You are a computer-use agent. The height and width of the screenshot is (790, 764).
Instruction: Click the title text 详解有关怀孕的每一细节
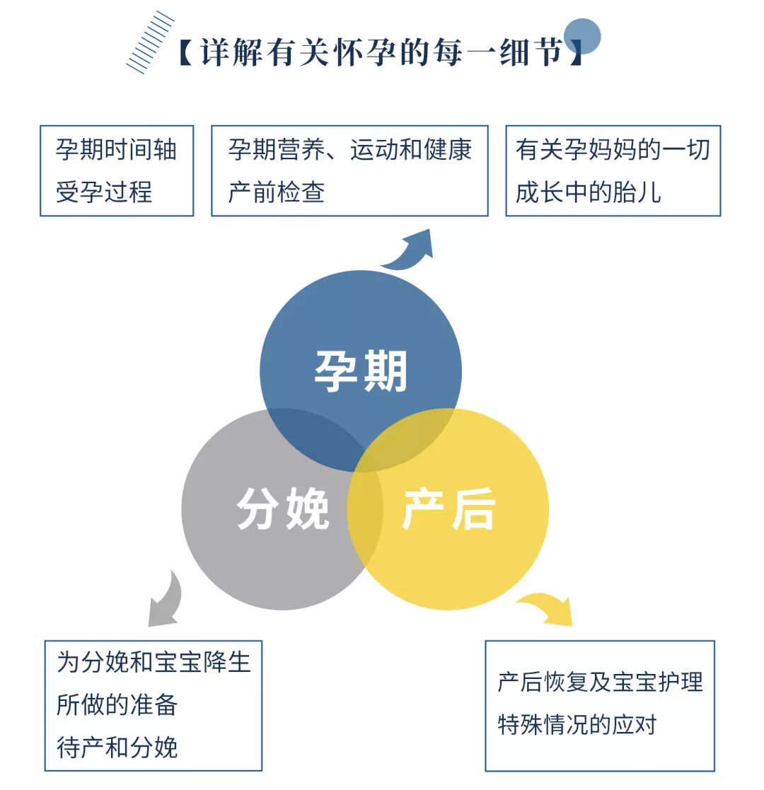pos(381,53)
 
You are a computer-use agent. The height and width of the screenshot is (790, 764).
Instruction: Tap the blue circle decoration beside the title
pos(582,35)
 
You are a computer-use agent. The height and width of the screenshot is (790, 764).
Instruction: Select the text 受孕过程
pos(104,192)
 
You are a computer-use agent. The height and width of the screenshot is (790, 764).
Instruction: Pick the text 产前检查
pos(276,192)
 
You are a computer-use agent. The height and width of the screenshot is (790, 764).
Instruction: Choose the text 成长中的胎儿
pos(588,192)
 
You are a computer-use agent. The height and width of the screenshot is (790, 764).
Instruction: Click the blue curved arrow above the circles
pos(410,251)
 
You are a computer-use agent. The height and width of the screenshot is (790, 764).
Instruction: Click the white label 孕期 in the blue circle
pos(361,371)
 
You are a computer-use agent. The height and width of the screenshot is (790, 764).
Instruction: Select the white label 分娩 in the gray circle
pos(283,509)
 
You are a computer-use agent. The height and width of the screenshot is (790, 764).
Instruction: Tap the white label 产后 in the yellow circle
pos(448,509)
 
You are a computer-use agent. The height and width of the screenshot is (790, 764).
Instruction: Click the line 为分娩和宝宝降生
pos(154,663)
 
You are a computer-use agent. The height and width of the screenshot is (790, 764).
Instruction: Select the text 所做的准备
pos(117,704)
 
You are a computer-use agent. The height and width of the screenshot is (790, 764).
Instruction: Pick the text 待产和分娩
pos(117,747)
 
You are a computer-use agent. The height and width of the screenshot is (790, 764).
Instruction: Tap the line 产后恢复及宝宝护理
pos(600,682)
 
